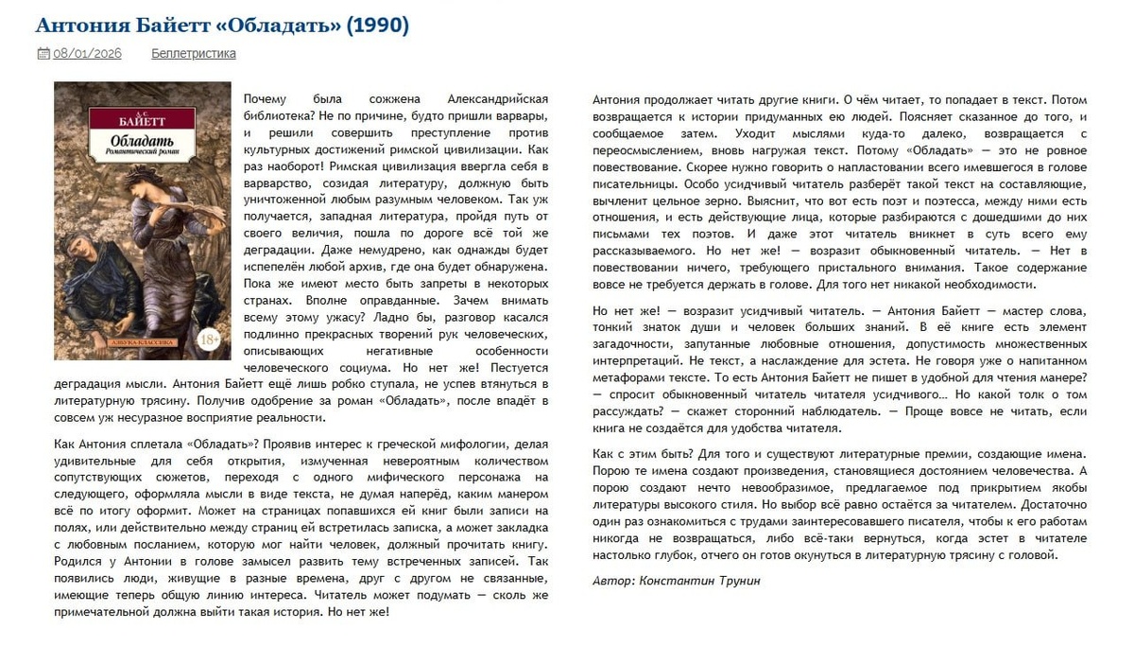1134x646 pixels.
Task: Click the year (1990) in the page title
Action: pos(377,26)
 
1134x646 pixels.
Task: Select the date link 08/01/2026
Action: pos(87,53)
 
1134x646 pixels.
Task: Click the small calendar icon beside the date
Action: pos(43,53)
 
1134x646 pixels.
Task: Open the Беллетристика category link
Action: pos(194,53)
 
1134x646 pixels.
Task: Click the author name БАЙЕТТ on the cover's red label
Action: pos(142,121)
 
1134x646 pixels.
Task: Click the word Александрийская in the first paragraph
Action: pos(500,99)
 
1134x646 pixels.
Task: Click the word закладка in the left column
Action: pos(521,528)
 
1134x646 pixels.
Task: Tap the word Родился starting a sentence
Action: pos(77,561)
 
